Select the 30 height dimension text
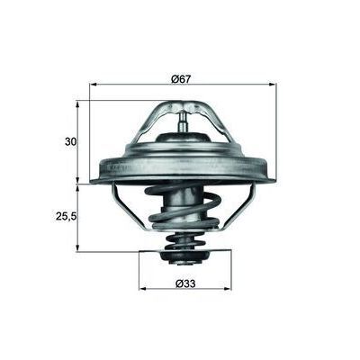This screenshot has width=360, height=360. (x=71, y=141)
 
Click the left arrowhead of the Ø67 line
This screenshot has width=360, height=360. (x=94, y=85)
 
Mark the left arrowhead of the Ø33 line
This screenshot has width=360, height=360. (x=143, y=291)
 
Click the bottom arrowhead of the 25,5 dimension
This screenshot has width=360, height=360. (x=80, y=247)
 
